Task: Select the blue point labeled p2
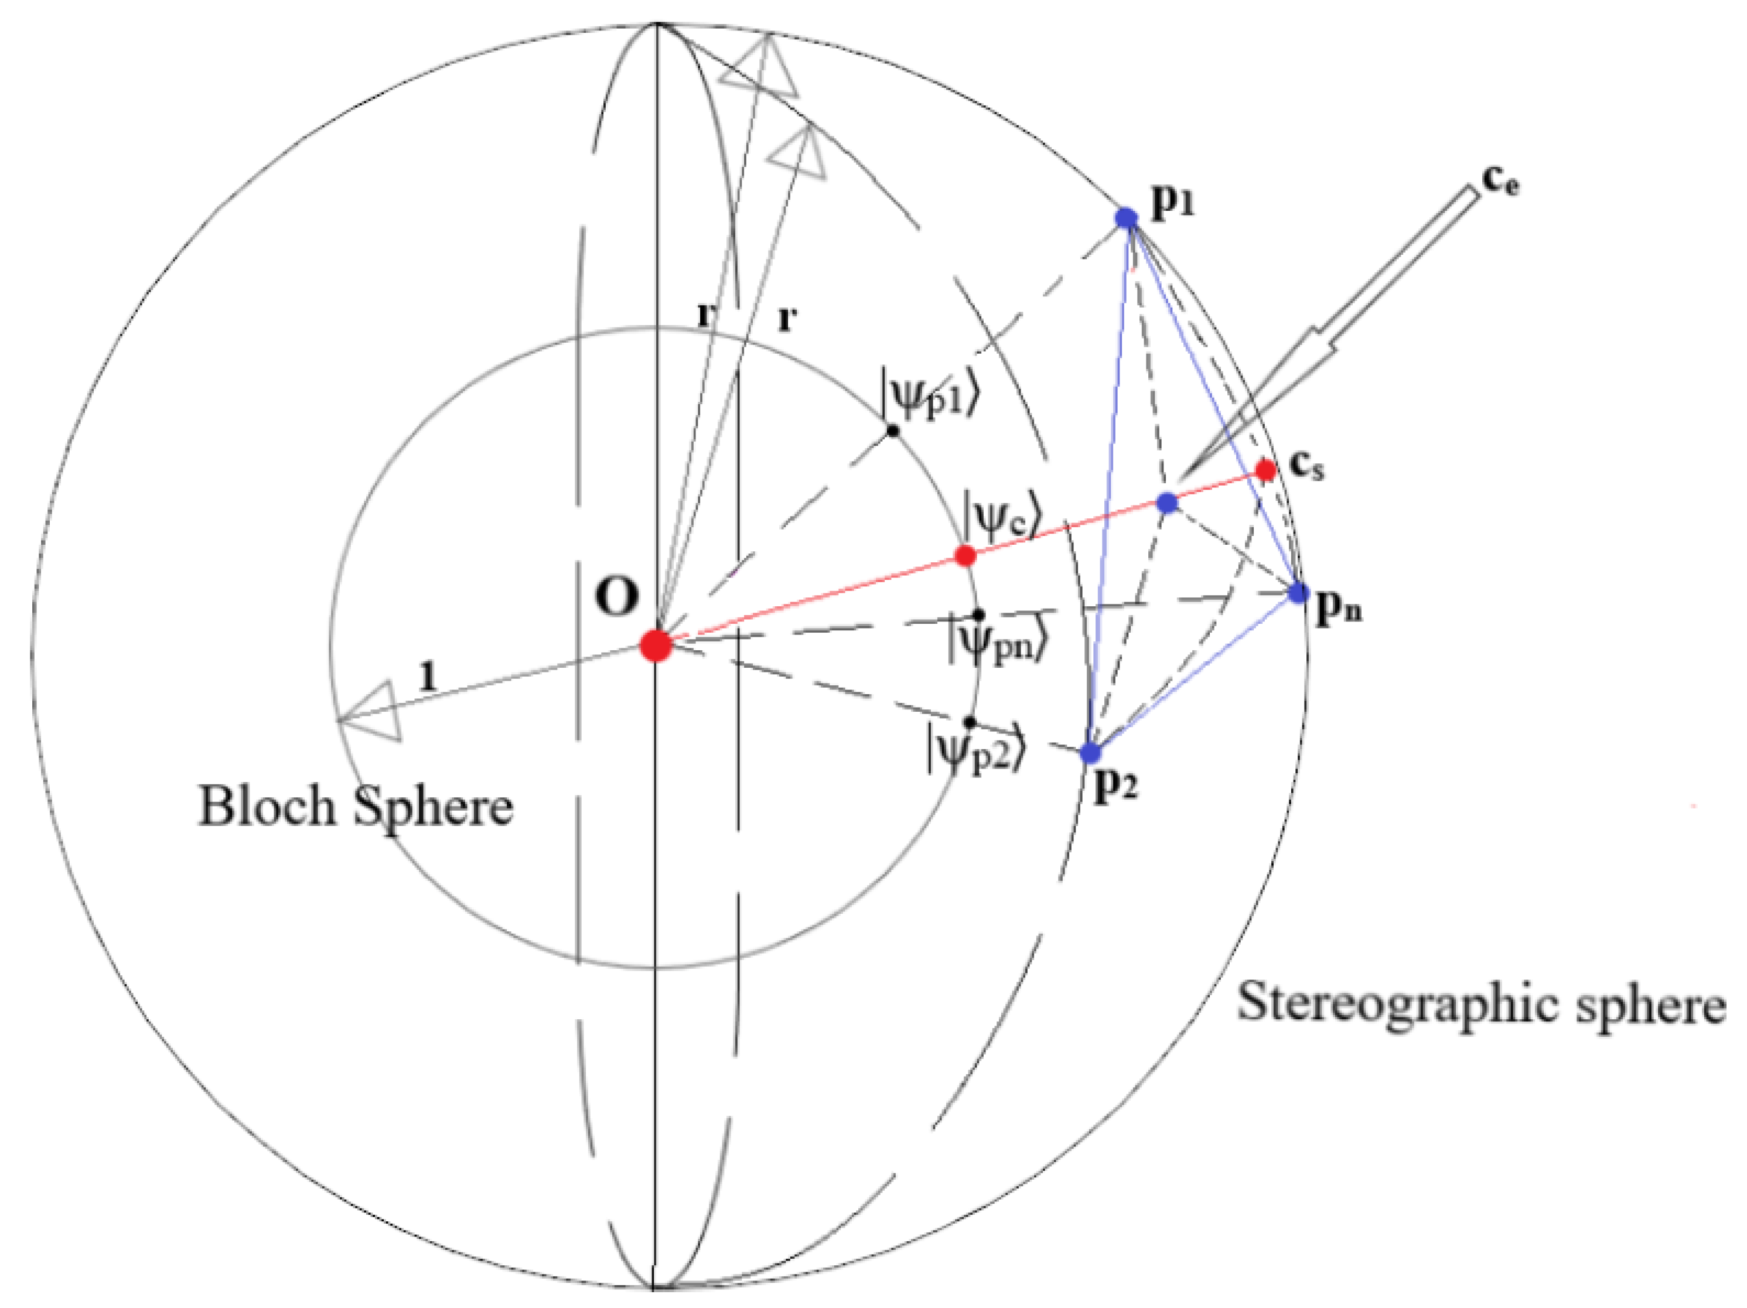click(1091, 752)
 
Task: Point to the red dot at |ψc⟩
click(965, 555)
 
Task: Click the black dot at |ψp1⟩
click(892, 431)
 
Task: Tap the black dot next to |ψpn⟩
click(978, 614)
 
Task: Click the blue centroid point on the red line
click(1167, 503)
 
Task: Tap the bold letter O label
click(616, 598)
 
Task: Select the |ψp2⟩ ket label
click(976, 750)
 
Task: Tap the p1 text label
click(1173, 204)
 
